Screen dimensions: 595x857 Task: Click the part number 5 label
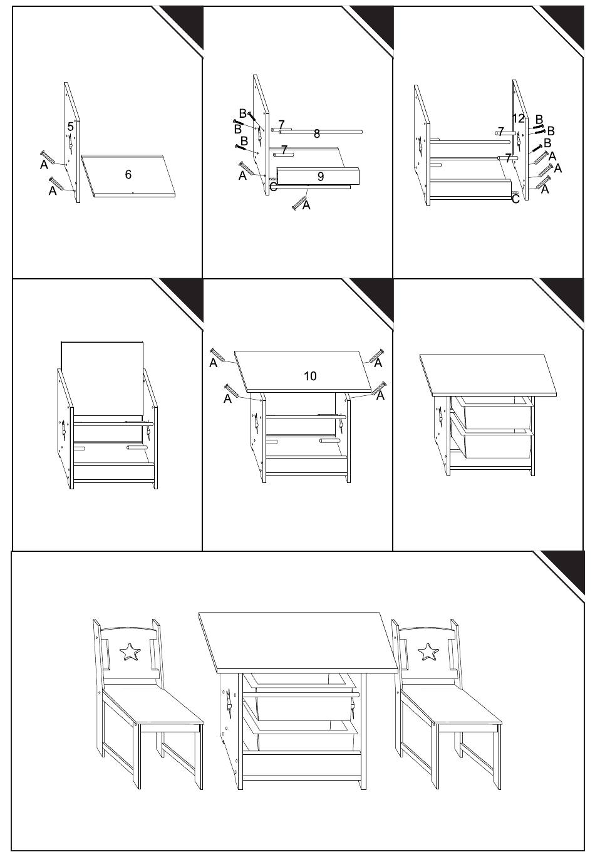coord(70,127)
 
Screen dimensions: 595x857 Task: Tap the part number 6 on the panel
coord(128,174)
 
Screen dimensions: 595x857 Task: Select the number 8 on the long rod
coord(317,133)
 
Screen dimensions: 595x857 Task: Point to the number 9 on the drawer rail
coord(321,177)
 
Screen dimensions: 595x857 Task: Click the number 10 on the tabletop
coord(310,376)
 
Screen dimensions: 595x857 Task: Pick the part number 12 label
coord(518,118)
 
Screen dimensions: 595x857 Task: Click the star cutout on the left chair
coord(130,652)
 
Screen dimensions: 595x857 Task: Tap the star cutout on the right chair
coord(428,652)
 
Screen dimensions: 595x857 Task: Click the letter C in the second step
coord(274,187)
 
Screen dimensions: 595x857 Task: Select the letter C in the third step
coord(515,199)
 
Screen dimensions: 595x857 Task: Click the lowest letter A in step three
coord(545,189)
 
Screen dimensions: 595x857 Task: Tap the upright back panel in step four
coord(103,378)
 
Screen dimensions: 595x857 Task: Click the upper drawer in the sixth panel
coord(492,413)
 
